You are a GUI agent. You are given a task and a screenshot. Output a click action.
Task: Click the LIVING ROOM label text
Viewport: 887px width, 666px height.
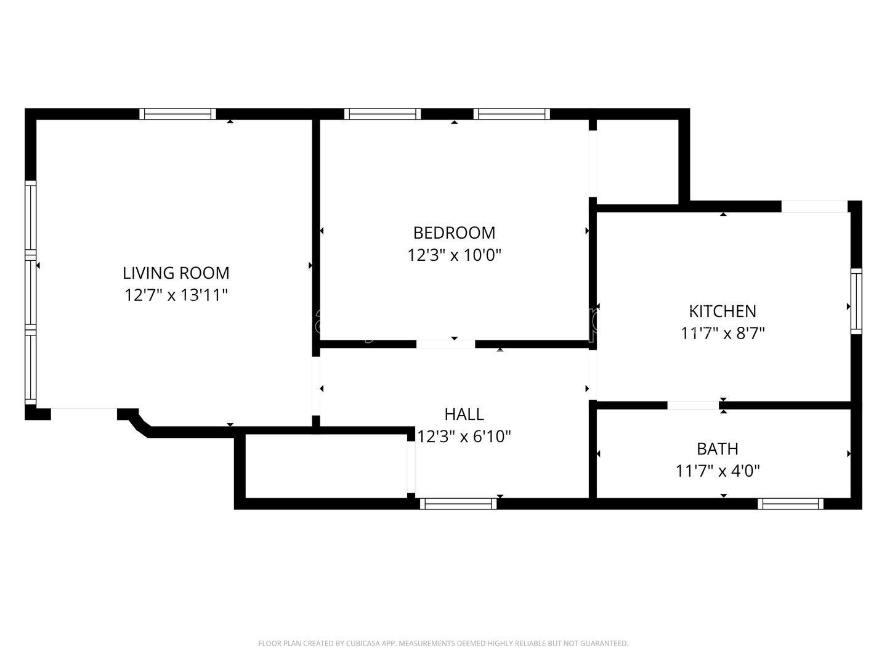176,273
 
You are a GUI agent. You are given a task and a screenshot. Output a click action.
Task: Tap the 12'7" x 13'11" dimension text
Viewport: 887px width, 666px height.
176,295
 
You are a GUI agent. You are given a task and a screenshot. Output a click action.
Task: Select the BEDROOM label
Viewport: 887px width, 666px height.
454,232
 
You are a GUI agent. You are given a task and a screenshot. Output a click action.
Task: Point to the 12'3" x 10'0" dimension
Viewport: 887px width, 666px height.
454,255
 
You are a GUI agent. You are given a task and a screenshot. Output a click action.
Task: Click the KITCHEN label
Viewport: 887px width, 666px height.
723,311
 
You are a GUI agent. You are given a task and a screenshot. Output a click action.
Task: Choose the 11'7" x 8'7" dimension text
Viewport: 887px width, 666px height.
723,334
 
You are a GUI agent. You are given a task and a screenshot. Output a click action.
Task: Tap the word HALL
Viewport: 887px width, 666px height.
464,414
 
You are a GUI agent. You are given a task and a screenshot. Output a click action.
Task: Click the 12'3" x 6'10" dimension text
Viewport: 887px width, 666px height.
464,437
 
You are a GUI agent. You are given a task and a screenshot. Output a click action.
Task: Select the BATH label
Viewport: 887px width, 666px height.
718,448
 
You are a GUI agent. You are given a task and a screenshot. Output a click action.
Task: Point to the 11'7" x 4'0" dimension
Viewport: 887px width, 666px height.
718,471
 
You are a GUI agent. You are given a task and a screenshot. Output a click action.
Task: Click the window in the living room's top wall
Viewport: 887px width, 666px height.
177,113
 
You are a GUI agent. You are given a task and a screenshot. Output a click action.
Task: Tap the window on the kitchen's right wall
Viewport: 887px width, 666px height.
856,301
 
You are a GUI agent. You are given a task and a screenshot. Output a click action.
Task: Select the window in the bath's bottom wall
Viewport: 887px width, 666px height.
790,504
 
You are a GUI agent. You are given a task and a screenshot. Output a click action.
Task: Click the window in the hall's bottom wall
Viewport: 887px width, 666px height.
458,504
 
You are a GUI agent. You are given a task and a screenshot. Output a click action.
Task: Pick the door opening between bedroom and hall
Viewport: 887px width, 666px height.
446,344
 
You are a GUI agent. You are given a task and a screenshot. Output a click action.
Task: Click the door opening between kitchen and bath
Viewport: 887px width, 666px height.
692,405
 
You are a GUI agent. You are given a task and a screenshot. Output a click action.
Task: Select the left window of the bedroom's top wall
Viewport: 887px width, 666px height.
383,113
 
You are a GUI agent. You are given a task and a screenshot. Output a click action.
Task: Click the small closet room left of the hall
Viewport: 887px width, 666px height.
326,466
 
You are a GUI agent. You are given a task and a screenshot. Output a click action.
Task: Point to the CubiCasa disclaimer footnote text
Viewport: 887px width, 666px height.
443,643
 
